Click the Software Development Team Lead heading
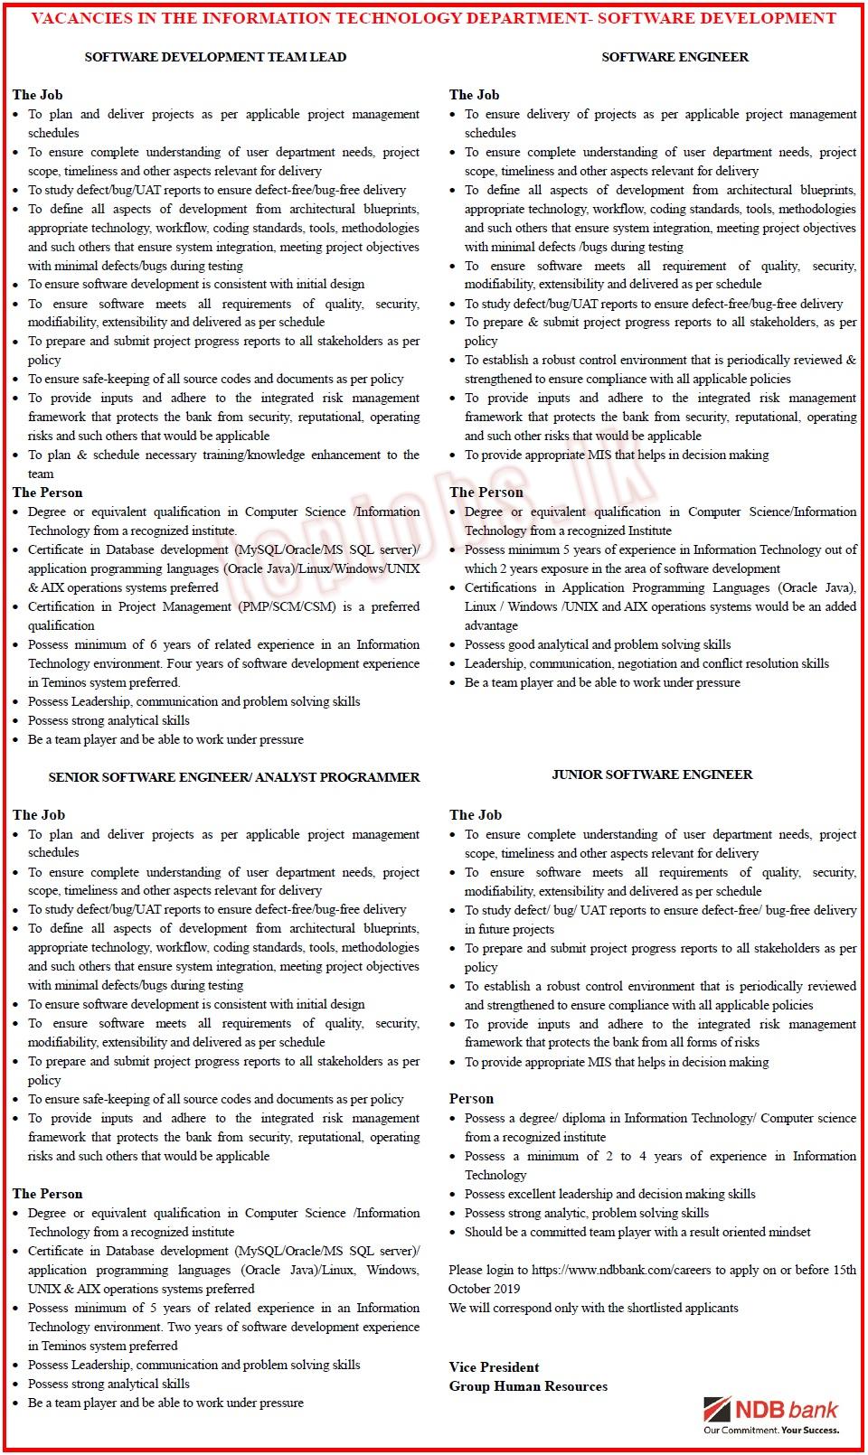[x=215, y=57]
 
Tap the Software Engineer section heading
[x=675, y=57]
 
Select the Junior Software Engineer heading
[x=652, y=774]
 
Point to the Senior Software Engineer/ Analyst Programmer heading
[x=233, y=777]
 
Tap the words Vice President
[x=494, y=1367]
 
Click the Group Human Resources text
[x=528, y=1386]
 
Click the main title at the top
[x=433, y=18]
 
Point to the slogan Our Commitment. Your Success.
[x=771, y=1431]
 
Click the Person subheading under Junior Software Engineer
[x=471, y=1099]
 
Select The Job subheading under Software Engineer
[x=474, y=95]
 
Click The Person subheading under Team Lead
[x=47, y=493]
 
